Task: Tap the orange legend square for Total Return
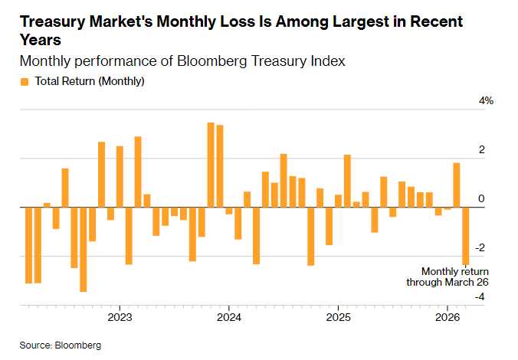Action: point(25,80)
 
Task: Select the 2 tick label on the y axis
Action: point(482,150)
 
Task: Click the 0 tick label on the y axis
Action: point(482,199)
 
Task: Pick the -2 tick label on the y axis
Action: point(480,248)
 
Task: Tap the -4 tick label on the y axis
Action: point(480,297)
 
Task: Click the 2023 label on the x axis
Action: point(120,316)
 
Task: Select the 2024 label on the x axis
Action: point(229,316)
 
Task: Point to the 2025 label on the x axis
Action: point(338,316)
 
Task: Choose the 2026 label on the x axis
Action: point(447,316)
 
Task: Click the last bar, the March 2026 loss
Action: point(465,236)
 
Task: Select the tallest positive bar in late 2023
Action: point(211,165)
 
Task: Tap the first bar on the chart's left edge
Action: point(28,245)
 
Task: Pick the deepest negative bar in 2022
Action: point(83,249)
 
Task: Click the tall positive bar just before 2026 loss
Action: point(456,185)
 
